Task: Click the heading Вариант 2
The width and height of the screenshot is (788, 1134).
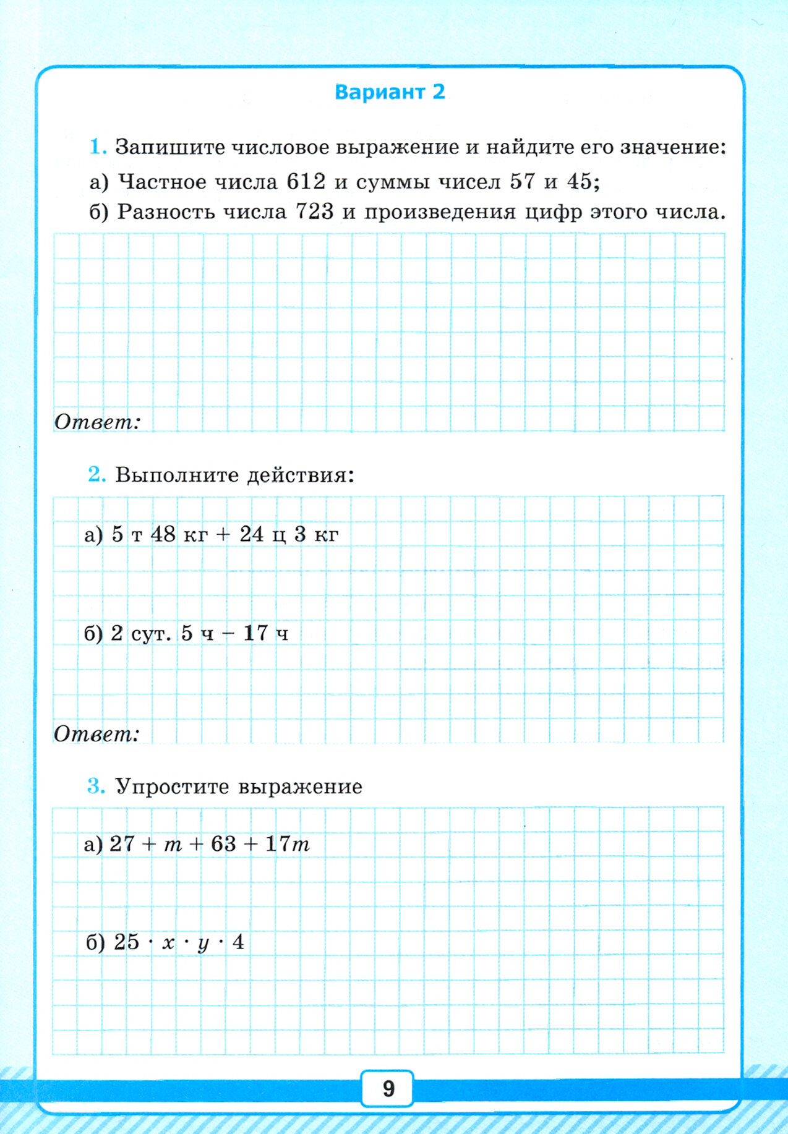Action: click(390, 92)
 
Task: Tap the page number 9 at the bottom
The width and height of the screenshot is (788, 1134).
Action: click(388, 1088)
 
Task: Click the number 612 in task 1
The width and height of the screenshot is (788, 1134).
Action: click(306, 182)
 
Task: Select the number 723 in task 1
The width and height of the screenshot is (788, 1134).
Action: click(314, 212)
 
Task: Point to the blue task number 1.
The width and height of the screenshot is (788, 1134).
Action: click(98, 147)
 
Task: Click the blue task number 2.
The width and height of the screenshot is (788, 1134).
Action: click(97, 474)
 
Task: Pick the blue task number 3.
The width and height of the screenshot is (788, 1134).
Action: click(96, 786)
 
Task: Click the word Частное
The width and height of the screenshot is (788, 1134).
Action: click(162, 182)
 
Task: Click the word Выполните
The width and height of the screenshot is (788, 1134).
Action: click(176, 475)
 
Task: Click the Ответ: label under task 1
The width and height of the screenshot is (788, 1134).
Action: click(98, 422)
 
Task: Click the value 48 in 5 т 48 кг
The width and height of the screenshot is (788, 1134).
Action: click(163, 534)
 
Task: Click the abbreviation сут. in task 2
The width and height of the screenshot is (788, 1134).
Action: click(151, 634)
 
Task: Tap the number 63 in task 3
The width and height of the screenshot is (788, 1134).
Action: click(223, 844)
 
